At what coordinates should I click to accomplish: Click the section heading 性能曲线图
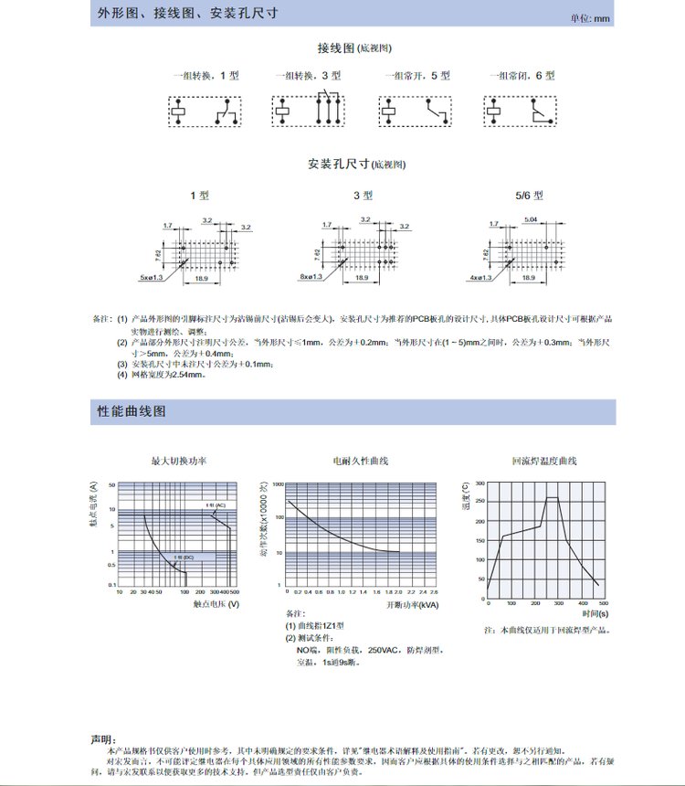point(132,411)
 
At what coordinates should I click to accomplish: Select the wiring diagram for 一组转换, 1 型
point(204,110)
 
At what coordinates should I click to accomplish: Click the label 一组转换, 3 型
point(308,75)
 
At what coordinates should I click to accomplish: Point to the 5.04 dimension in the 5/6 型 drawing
point(531,219)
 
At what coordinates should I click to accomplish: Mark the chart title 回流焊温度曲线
point(544,462)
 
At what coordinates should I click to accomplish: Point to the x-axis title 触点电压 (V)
point(216,604)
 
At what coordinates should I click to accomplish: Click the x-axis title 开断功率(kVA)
point(411,604)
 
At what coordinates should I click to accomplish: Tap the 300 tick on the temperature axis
point(479,484)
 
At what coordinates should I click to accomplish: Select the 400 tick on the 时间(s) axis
point(584,604)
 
